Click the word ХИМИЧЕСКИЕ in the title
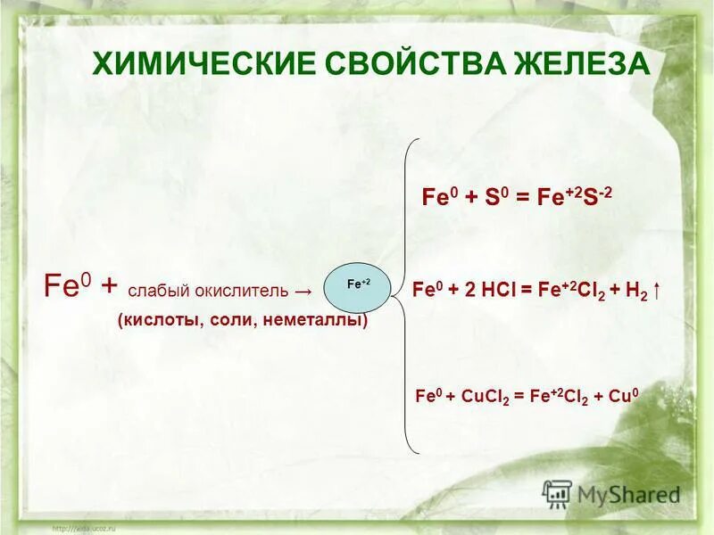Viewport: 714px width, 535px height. [x=191, y=64]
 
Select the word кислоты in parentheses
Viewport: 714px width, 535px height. [x=162, y=319]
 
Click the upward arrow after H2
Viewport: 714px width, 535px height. [x=658, y=291]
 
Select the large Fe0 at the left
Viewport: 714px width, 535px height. [x=66, y=287]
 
